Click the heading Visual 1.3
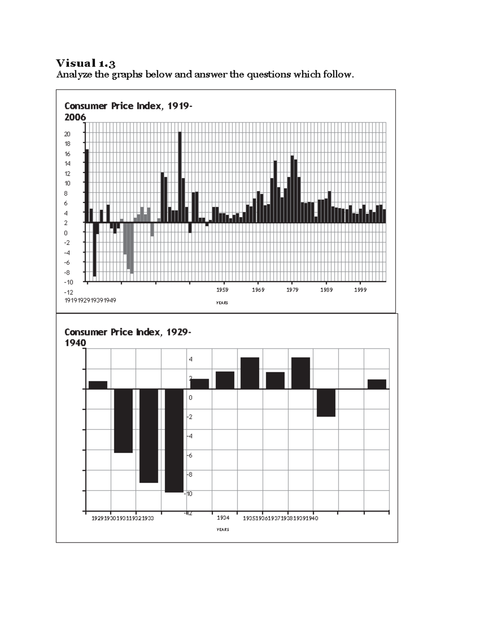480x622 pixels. (x=86, y=63)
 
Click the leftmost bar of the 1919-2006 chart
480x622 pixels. (x=87, y=185)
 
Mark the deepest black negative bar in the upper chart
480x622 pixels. (x=94, y=249)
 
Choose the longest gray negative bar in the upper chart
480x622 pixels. (x=132, y=248)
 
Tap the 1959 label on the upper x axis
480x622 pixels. (x=222, y=290)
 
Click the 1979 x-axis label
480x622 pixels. (x=292, y=290)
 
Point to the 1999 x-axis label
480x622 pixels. (x=360, y=290)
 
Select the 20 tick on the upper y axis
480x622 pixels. (x=68, y=134)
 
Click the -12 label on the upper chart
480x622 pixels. (x=68, y=292)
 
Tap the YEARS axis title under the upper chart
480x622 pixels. (x=222, y=303)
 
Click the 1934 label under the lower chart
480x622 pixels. (x=223, y=518)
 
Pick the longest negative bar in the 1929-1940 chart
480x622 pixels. (x=174, y=440)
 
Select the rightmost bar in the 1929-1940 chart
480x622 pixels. (x=377, y=384)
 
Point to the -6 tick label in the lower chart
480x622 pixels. (x=189, y=455)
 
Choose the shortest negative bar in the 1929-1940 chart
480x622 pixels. (x=326, y=403)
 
